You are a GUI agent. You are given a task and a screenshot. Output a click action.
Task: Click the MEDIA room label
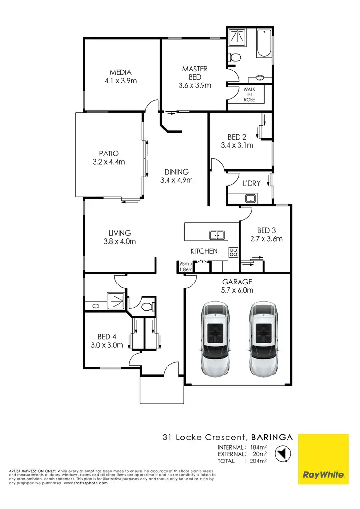[120, 72]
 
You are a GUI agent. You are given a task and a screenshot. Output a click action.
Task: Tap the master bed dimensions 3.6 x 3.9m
[195, 85]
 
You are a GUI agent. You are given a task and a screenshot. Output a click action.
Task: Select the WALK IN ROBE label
[249, 95]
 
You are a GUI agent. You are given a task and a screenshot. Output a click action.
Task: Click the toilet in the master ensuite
[234, 58]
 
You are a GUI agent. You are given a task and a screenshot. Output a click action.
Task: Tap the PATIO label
[108, 154]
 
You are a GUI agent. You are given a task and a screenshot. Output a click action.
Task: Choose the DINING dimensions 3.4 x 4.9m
[176, 180]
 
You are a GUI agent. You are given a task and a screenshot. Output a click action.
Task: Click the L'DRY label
[251, 184]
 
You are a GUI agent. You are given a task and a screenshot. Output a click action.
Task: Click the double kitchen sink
[216, 235]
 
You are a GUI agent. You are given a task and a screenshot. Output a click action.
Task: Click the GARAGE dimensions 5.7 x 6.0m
[237, 290]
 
